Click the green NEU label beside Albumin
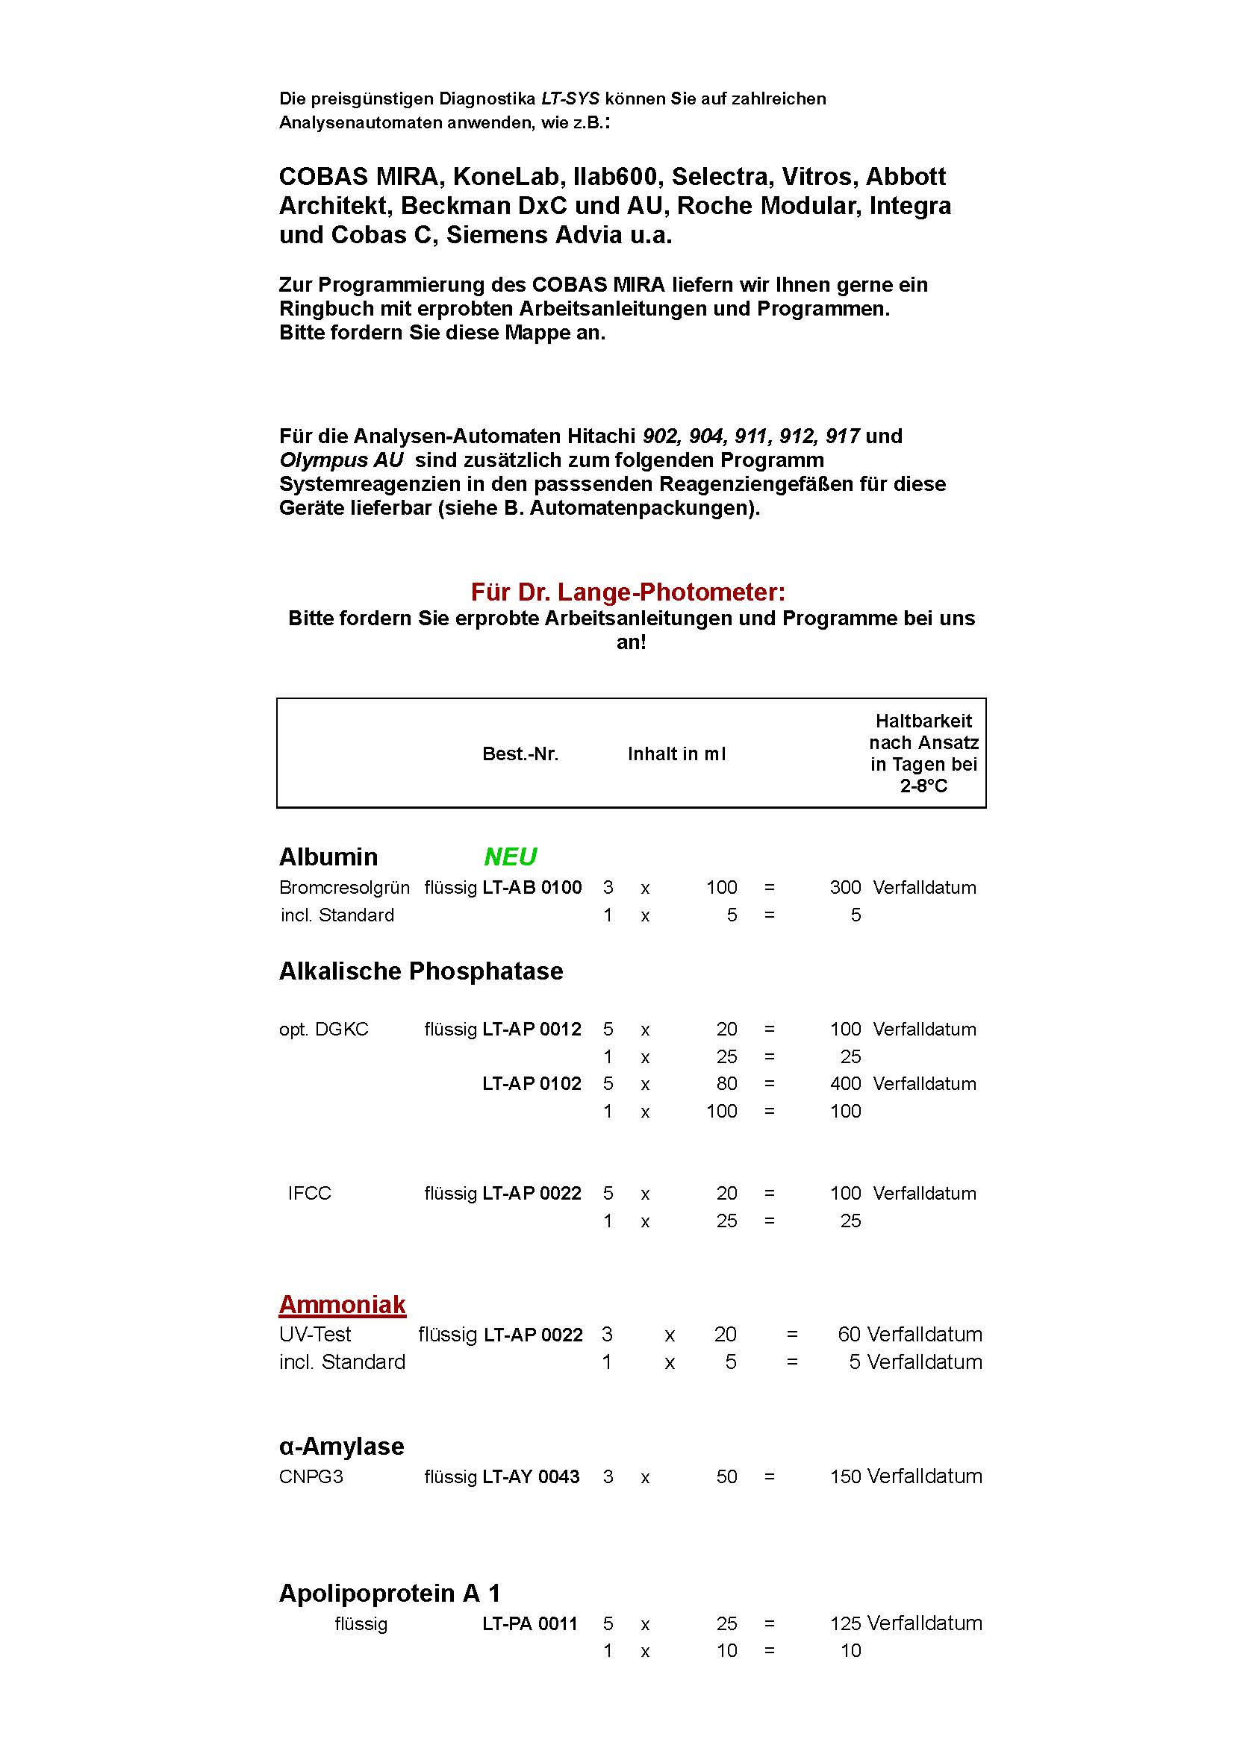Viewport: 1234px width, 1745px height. [510, 856]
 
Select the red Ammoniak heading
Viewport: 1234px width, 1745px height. [342, 1304]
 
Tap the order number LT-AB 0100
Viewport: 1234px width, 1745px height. [532, 887]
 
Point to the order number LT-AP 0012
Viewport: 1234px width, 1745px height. [532, 1029]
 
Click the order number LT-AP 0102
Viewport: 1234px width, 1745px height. [532, 1083]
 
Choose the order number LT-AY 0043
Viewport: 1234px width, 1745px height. [532, 1476]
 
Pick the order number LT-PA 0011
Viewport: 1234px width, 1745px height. [530, 1623]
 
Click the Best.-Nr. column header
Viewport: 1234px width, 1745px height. [520, 754]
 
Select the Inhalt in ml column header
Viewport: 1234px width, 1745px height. [676, 754]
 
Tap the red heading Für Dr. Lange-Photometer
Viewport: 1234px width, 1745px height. [628, 592]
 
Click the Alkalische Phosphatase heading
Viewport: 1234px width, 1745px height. [421, 971]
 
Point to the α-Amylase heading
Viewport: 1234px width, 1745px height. [341, 1446]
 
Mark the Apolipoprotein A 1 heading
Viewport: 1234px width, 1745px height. [389, 1593]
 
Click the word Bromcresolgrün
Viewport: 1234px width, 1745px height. [344, 888]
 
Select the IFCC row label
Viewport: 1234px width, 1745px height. [310, 1193]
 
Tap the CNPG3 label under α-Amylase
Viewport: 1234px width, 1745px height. [311, 1476]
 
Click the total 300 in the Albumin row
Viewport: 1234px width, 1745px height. [845, 887]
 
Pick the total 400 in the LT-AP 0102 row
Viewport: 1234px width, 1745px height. [845, 1083]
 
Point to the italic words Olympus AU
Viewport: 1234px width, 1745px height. [341, 460]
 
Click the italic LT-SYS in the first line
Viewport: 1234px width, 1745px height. [570, 98]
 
